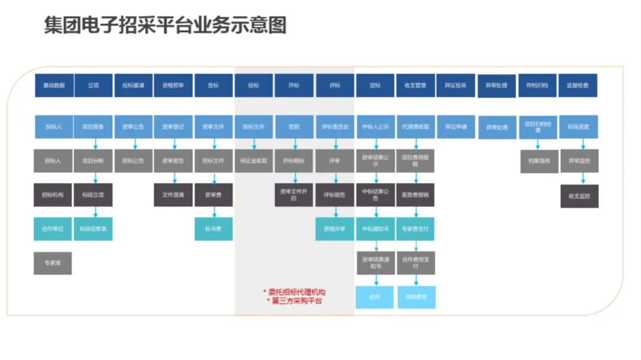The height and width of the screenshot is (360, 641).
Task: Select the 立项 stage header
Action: coord(93,85)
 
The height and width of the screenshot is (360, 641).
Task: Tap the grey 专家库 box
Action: coord(53,263)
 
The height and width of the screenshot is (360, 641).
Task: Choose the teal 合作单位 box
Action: coord(53,228)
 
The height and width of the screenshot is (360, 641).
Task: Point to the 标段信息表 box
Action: coord(93,228)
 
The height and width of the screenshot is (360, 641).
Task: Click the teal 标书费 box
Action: coord(214,228)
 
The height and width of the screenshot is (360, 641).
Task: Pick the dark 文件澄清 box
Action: coord(173,195)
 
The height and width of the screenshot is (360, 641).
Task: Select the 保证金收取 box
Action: coord(254,161)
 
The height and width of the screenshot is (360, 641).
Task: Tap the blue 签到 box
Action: coord(294,126)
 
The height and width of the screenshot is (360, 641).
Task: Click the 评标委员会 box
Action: coord(335,126)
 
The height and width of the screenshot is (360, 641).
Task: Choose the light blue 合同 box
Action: coord(375,297)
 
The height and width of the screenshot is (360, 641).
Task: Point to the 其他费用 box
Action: coord(415,297)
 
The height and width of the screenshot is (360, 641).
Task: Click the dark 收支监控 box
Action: coord(579,196)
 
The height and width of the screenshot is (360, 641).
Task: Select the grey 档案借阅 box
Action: coord(539,161)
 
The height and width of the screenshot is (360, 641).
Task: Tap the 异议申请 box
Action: coord(456,126)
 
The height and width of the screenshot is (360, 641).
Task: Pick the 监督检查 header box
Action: coord(577,85)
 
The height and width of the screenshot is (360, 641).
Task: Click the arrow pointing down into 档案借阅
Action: coord(538,144)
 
